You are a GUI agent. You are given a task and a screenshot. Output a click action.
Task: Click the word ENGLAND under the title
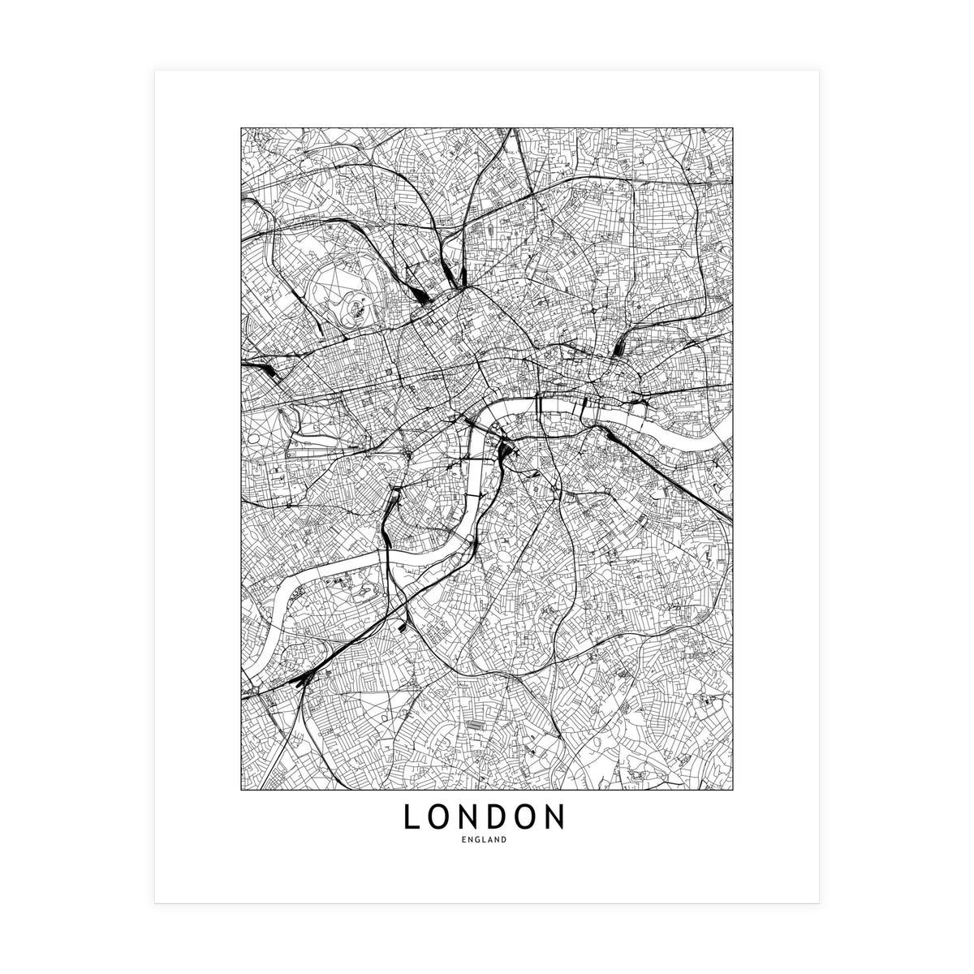[486, 840]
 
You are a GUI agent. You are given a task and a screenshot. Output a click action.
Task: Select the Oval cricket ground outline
[506, 561]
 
